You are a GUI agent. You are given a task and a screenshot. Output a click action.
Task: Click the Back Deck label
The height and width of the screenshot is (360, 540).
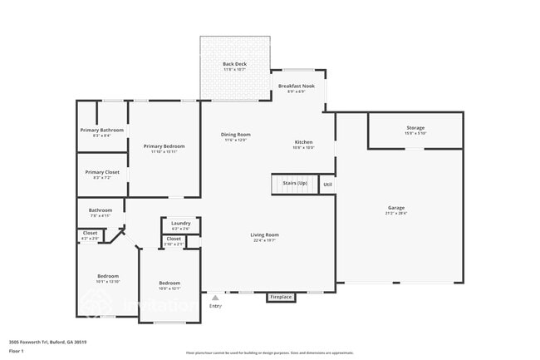(x=233, y=64)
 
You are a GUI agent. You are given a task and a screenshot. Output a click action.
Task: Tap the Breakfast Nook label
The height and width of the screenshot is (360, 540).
(x=296, y=86)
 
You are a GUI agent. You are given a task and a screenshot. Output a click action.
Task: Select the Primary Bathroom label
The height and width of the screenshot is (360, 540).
(x=101, y=131)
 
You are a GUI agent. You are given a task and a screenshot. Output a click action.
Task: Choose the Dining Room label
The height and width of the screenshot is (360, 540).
(x=235, y=135)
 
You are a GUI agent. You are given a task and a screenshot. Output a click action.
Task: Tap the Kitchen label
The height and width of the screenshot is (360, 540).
(x=303, y=142)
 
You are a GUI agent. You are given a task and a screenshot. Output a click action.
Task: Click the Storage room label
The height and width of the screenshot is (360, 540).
(x=415, y=128)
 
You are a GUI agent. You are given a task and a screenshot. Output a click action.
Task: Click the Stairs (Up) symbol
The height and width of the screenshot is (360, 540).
(x=296, y=183)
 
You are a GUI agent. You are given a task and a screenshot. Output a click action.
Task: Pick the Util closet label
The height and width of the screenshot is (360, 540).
(x=327, y=185)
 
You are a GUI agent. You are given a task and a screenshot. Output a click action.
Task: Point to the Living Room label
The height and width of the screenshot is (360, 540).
(x=265, y=235)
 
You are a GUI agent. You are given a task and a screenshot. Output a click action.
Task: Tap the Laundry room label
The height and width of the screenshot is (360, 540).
(x=180, y=224)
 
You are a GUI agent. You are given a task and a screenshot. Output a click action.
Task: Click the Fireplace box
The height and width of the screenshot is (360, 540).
(x=280, y=297)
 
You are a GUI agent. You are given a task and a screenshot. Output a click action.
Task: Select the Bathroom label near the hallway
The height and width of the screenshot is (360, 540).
(x=101, y=210)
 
